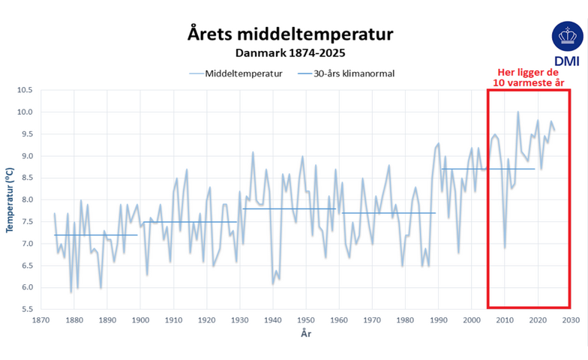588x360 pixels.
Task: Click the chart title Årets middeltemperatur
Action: [x=289, y=34]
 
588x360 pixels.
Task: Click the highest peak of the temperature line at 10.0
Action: [x=517, y=112]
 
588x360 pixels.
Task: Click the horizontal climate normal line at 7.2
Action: [x=96, y=235]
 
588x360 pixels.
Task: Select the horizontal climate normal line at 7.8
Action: [x=289, y=208]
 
